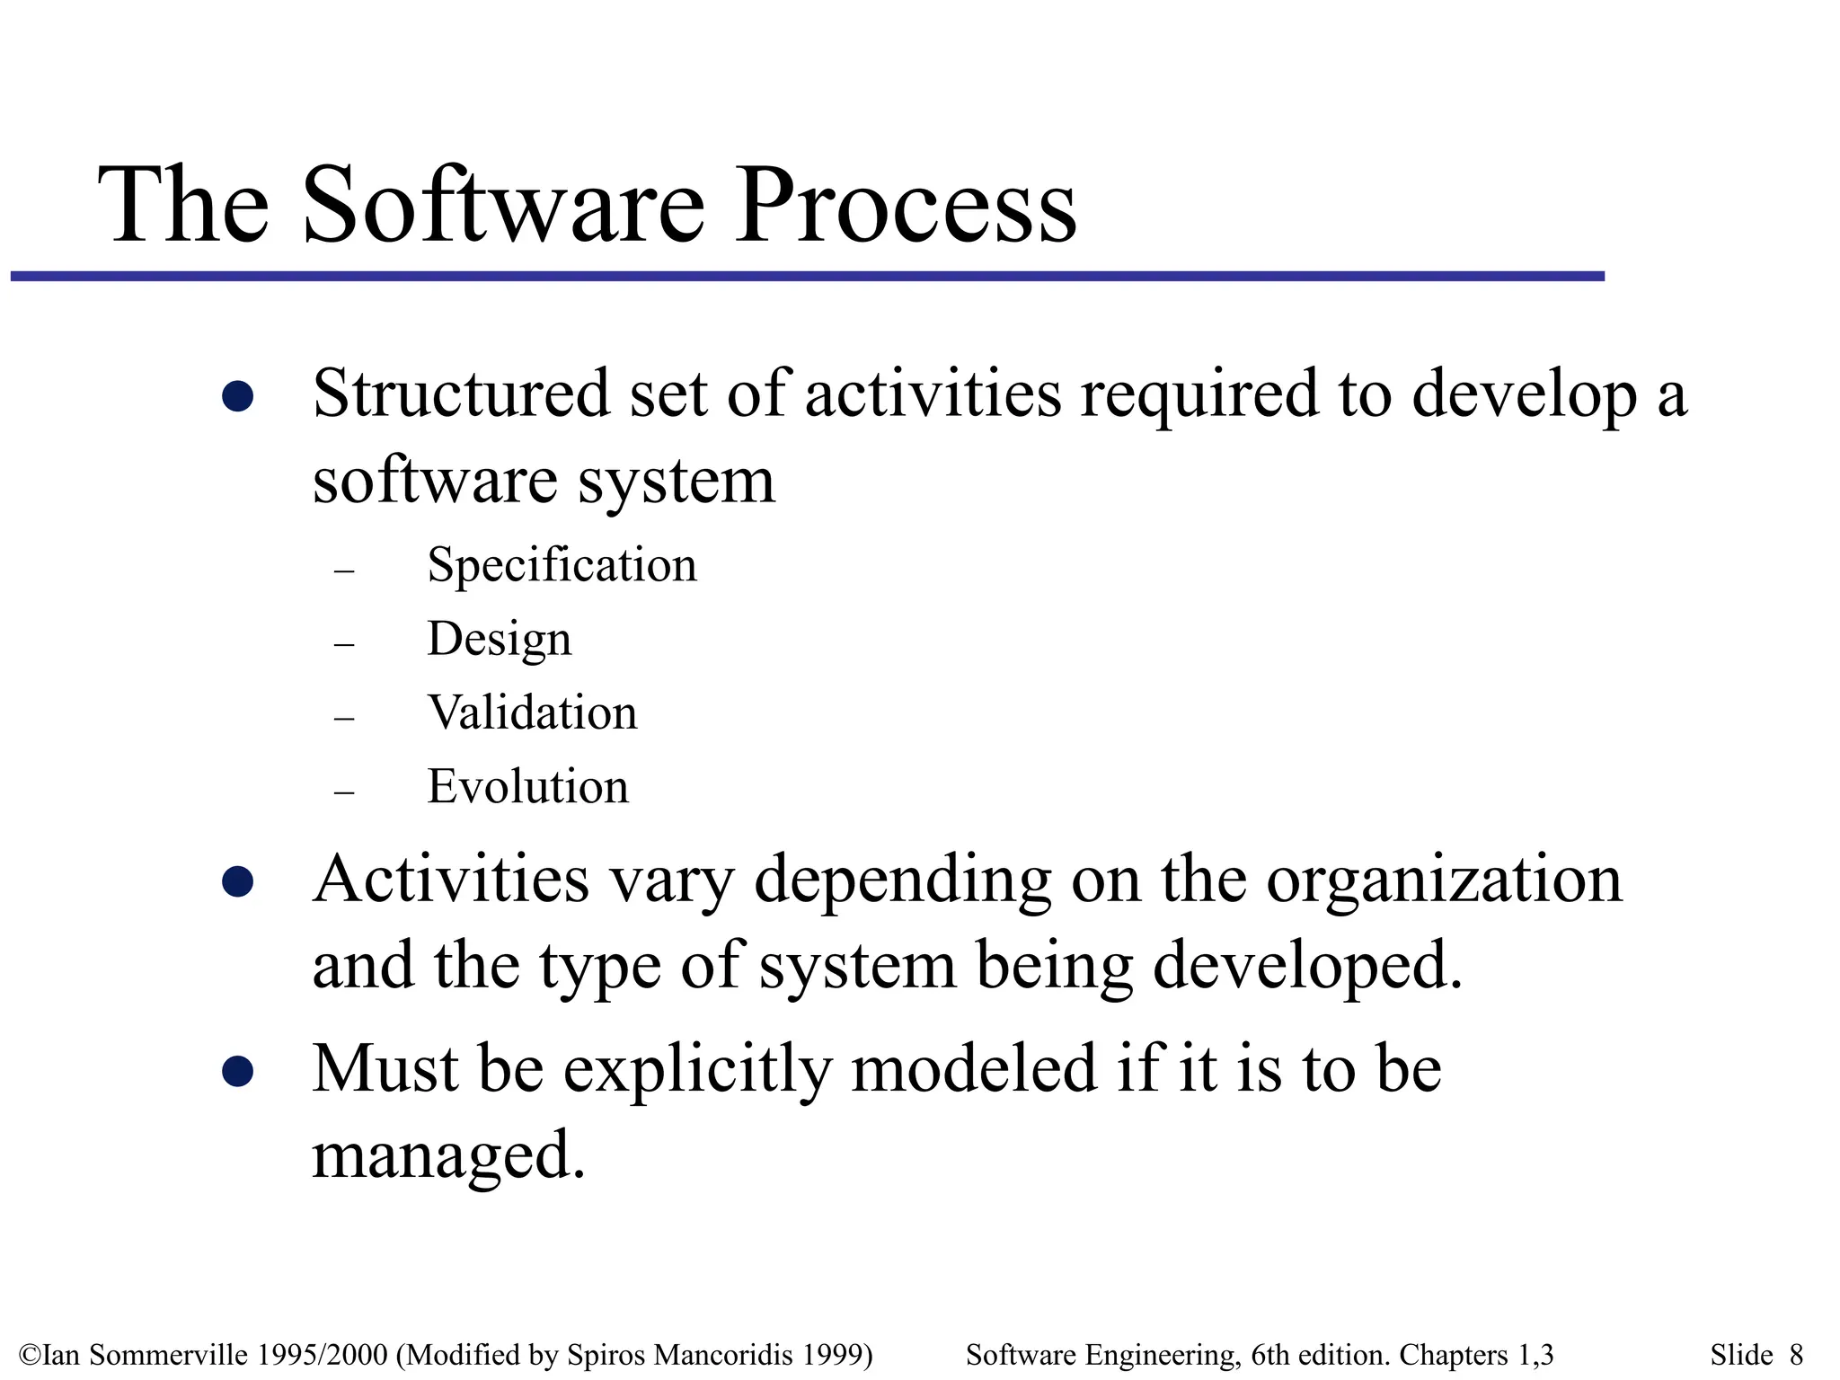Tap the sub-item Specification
coord(562,565)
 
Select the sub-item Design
coord(499,640)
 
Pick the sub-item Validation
coord(532,712)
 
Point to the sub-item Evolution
coord(527,786)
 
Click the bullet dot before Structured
coord(237,396)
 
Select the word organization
coord(1444,880)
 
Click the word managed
coord(447,1155)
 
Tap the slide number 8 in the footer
coord(1796,1354)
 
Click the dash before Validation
coord(344,719)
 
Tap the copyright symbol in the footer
coord(29,1355)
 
